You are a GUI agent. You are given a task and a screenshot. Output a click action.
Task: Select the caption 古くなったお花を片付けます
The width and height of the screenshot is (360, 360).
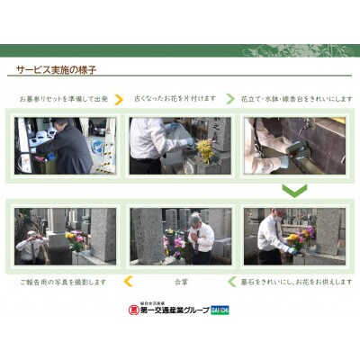point(175,97)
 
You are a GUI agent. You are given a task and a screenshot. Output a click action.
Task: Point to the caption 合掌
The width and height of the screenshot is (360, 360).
point(180,282)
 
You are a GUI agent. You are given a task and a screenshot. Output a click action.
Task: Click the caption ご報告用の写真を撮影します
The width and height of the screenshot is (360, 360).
point(60,282)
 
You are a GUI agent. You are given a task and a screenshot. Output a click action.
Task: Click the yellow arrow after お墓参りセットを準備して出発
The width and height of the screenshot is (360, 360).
point(119,97)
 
